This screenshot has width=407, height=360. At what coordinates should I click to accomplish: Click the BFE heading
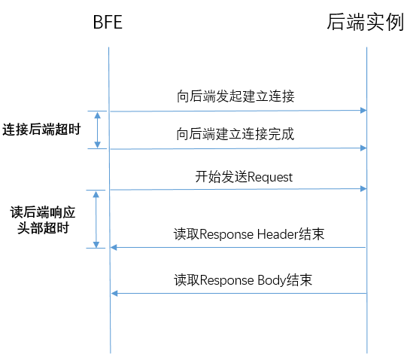click(108, 22)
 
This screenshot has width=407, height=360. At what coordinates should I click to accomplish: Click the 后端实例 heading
click(365, 22)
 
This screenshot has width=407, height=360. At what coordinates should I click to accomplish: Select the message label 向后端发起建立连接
click(235, 96)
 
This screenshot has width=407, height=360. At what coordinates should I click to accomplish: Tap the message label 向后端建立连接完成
click(235, 134)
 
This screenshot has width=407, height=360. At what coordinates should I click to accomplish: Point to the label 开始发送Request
click(244, 177)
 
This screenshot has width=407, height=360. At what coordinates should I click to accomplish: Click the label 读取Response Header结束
click(249, 234)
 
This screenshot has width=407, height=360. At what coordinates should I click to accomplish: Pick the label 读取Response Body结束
click(243, 280)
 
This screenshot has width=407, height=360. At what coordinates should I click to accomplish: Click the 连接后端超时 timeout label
click(42, 130)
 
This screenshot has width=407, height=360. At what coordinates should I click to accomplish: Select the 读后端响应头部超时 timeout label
click(43, 220)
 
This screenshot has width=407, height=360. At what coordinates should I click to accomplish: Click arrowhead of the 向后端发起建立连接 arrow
click(364, 111)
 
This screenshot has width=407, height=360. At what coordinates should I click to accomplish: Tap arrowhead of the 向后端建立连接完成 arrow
click(364, 148)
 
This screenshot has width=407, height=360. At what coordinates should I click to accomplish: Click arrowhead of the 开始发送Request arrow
click(364, 189)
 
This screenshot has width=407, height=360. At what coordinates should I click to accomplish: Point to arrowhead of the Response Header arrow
click(114, 248)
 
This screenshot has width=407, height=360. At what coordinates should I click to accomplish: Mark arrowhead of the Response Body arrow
click(114, 294)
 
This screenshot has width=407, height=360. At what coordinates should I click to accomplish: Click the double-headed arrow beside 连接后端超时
click(97, 130)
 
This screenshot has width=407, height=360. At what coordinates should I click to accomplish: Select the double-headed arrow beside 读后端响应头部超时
click(96, 219)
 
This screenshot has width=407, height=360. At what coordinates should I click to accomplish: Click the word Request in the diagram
click(270, 178)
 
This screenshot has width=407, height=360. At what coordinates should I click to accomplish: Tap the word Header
click(277, 234)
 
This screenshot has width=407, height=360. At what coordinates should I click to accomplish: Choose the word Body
click(272, 281)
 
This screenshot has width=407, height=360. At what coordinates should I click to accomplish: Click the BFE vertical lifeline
click(110, 200)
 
